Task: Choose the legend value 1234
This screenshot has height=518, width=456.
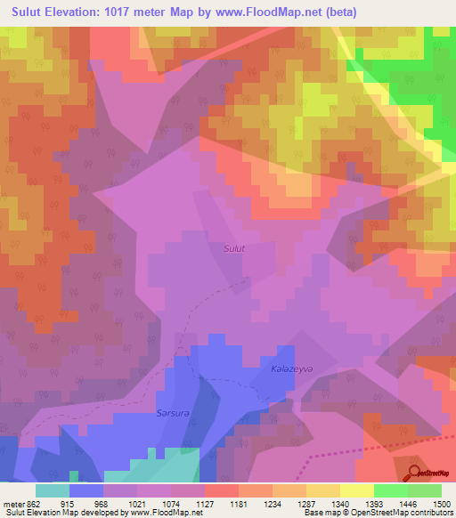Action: click(272, 504)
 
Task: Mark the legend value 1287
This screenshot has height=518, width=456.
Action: click(306, 504)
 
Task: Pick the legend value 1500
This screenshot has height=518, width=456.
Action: click(443, 504)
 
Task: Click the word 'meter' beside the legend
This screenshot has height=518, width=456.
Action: click(13, 504)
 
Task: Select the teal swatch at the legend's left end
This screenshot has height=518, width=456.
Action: click(53, 490)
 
